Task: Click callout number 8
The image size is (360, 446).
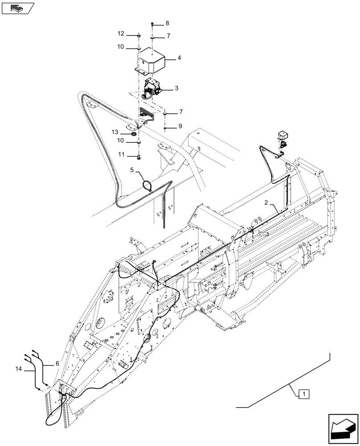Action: [167, 23]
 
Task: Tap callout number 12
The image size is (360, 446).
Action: [121, 34]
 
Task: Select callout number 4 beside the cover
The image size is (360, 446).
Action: [179, 58]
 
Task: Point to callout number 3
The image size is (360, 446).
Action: [177, 89]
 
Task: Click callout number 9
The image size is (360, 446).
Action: [180, 127]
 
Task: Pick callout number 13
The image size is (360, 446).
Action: [115, 132]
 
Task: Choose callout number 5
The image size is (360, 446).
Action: [132, 170]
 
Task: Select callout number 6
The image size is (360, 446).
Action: [57, 364]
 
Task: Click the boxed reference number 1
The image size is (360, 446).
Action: [303, 393]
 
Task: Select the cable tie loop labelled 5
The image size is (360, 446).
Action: [147, 184]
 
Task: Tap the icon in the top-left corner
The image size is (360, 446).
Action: [18, 8]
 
